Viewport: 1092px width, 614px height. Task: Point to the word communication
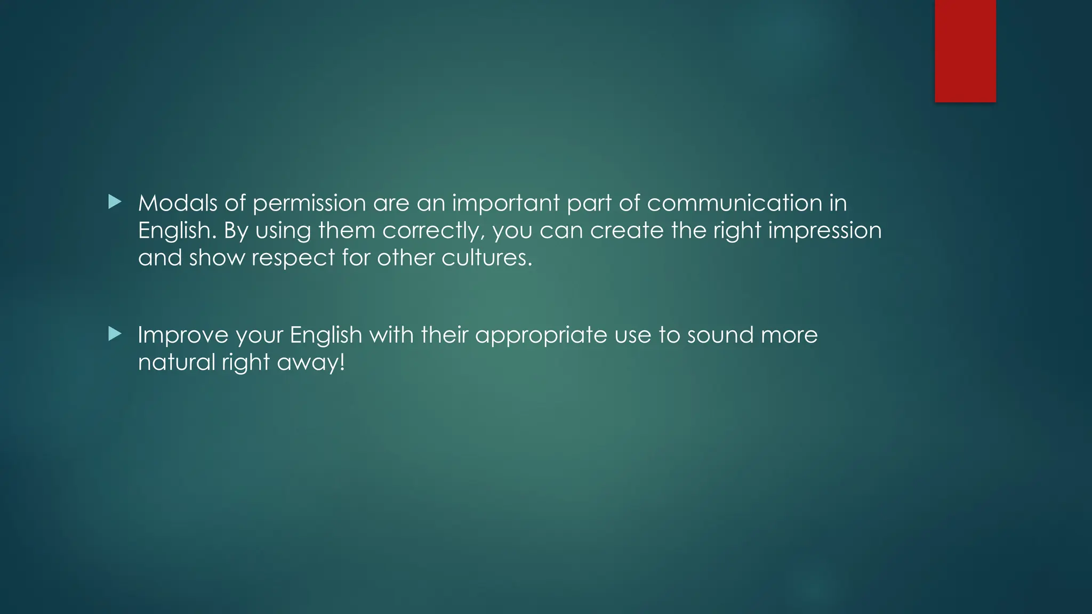734,203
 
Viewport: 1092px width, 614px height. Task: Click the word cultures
486,258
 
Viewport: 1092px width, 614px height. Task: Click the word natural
176,362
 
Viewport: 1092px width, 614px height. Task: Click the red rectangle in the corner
965,51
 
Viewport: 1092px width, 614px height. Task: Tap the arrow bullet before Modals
115,202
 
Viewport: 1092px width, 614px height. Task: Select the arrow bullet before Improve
115,334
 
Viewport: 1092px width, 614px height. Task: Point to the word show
216,258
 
